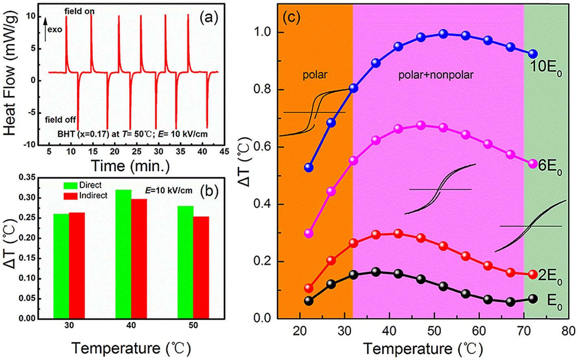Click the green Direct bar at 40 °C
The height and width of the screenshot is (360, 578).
(123, 254)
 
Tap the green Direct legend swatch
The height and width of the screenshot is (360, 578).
(71, 185)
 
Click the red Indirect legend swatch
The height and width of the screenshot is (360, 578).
(71, 195)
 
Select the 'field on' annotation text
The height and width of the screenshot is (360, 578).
(80, 11)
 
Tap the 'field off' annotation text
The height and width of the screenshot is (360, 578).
(61, 120)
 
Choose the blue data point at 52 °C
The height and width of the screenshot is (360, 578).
(444, 34)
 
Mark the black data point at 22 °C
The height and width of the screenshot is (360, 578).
(309, 301)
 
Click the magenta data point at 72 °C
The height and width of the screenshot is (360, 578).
(533, 164)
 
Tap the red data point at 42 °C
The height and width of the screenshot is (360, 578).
(398, 234)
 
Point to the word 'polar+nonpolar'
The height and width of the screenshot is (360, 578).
(436, 75)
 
